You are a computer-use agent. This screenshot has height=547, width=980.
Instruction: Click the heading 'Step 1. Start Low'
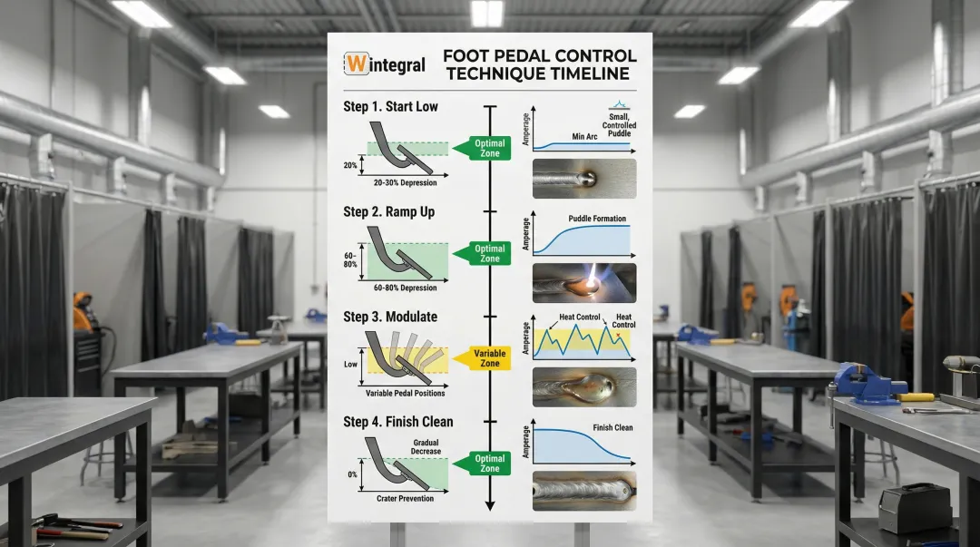390,107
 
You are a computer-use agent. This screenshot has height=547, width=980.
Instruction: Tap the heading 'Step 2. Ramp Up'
388,212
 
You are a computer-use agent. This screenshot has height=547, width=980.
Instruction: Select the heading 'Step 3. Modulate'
390,317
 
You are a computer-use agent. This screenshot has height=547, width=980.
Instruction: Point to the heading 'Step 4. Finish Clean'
397,422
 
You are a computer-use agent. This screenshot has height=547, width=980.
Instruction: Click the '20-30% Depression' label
405,183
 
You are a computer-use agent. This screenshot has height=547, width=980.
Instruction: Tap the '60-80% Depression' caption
405,288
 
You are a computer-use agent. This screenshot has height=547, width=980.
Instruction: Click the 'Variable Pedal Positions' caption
405,394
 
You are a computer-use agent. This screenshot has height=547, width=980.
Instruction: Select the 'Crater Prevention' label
405,499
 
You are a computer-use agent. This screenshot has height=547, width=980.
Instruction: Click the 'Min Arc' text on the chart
584,137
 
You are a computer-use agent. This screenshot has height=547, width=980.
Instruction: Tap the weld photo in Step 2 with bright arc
583,283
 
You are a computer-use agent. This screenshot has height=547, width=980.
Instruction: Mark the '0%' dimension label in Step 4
352,475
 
